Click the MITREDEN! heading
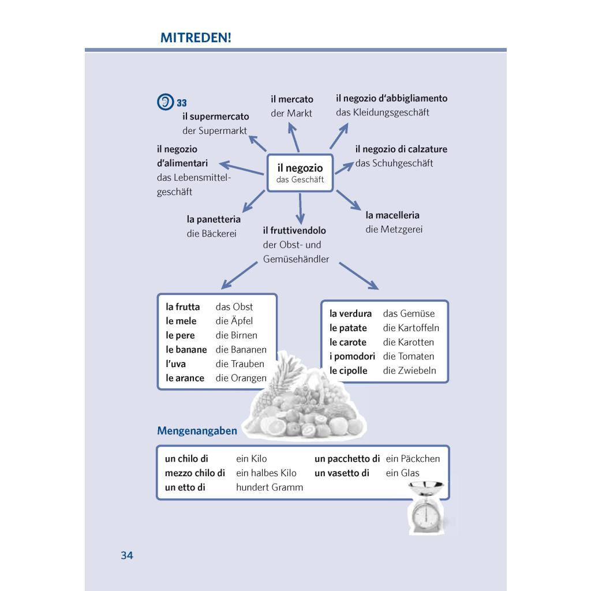point(196,38)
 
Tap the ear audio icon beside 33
point(166,102)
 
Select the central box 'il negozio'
point(300,173)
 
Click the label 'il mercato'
point(291,99)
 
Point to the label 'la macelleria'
point(392,215)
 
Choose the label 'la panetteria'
point(214,219)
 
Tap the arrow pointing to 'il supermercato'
point(257,143)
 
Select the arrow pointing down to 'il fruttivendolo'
point(300,209)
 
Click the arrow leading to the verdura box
point(359,276)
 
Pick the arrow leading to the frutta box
point(240,275)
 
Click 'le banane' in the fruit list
point(186,350)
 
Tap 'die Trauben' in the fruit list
point(240,364)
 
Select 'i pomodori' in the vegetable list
point(352,357)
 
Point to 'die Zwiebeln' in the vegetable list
point(409,371)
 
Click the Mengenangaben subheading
point(197,431)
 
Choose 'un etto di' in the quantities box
point(185,487)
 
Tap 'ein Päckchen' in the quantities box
point(413,459)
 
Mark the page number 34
point(127,556)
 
